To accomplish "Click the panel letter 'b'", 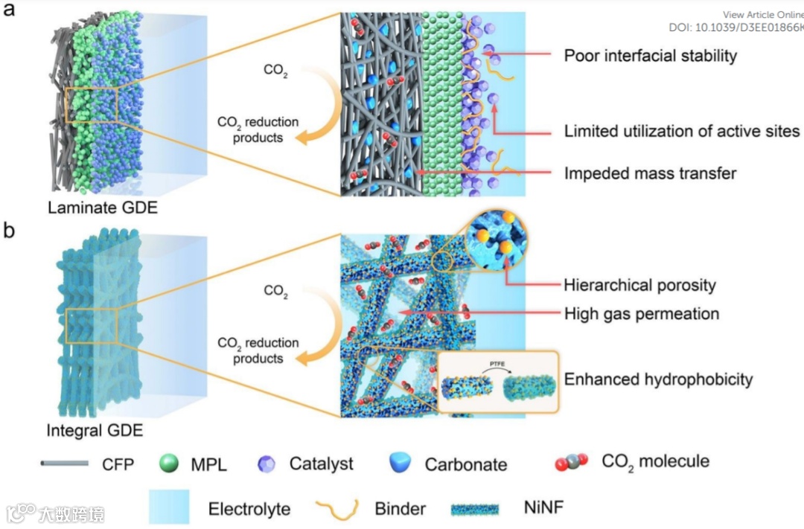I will [10, 231].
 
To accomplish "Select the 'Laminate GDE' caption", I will [103, 208].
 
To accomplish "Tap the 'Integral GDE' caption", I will [95, 430].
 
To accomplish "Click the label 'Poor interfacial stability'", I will [650, 55].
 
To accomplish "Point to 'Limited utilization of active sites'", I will [681, 132].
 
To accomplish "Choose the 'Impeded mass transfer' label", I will [650, 174].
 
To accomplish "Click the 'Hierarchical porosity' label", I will [639, 284].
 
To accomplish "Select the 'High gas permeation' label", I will [641, 313].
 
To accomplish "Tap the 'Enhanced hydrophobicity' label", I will [658, 379].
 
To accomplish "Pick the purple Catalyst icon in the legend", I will [266, 464].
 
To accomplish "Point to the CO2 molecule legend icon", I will [571, 463].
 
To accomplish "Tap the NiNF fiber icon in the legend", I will [476, 509].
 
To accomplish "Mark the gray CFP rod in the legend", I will [66, 464].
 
